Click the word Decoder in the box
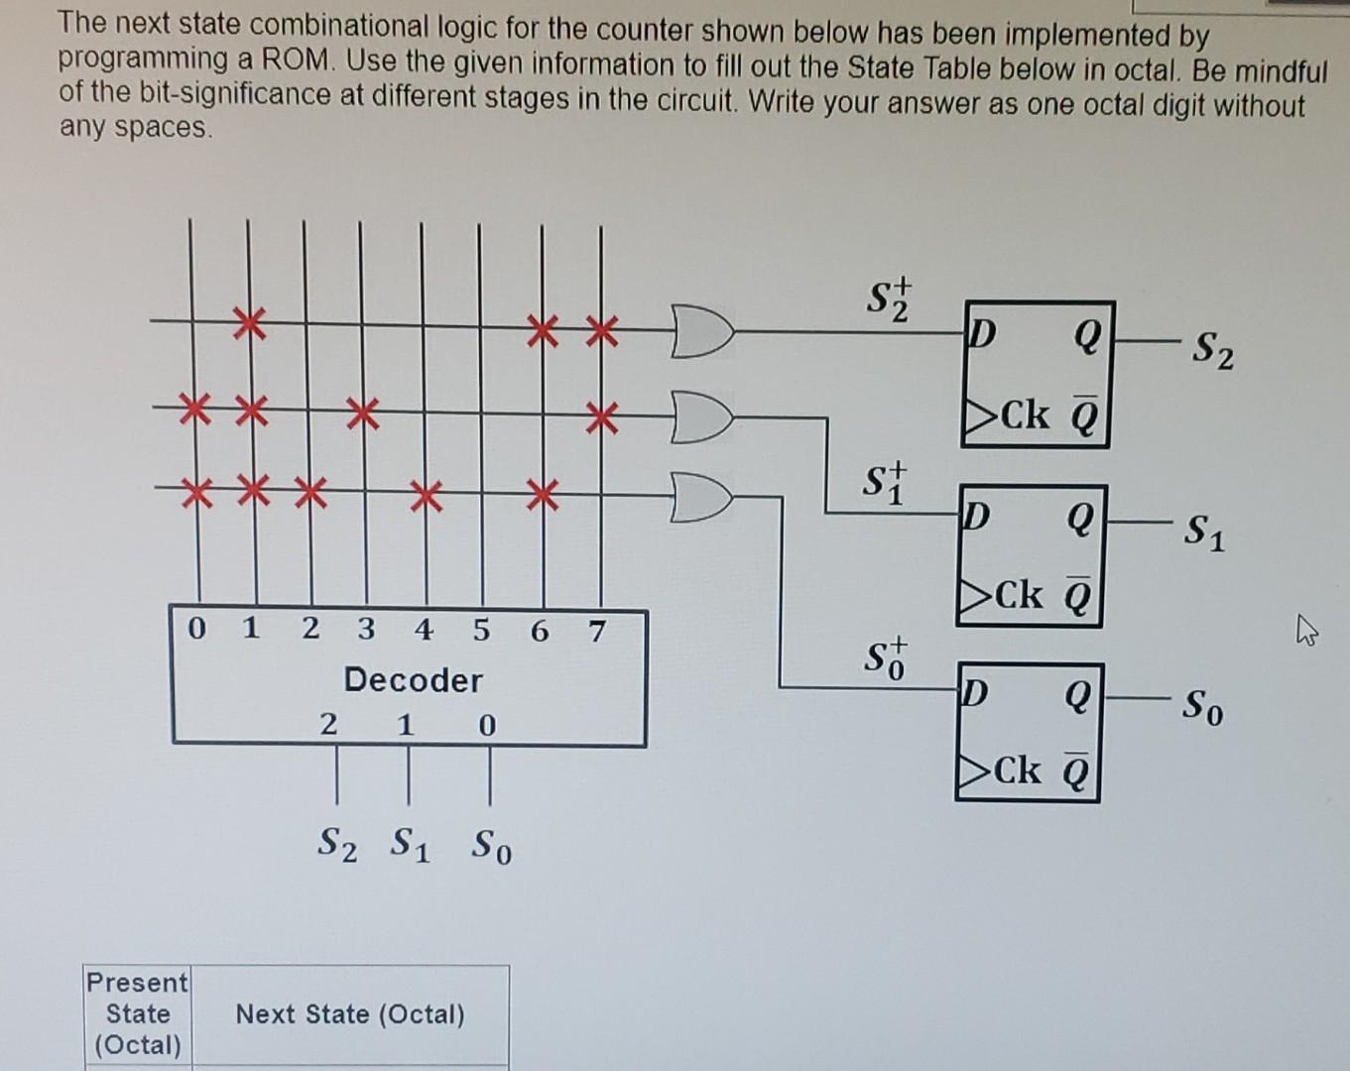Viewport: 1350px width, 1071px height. click(x=413, y=680)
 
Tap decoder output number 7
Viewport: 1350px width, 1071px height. click(x=596, y=631)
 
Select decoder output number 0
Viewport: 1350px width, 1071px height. click(x=196, y=629)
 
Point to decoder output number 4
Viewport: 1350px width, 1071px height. click(x=424, y=630)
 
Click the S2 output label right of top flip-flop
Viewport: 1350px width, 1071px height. click(x=1212, y=350)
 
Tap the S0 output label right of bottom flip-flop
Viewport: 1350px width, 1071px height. click(x=1202, y=706)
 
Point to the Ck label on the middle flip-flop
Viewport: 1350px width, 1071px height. click(x=1020, y=595)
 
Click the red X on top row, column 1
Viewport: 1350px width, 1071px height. click(x=249, y=323)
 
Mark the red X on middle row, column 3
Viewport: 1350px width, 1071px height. click(x=362, y=412)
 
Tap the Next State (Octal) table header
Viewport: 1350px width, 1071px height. click(x=350, y=1014)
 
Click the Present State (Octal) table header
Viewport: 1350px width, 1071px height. click(x=138, y=1013)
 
